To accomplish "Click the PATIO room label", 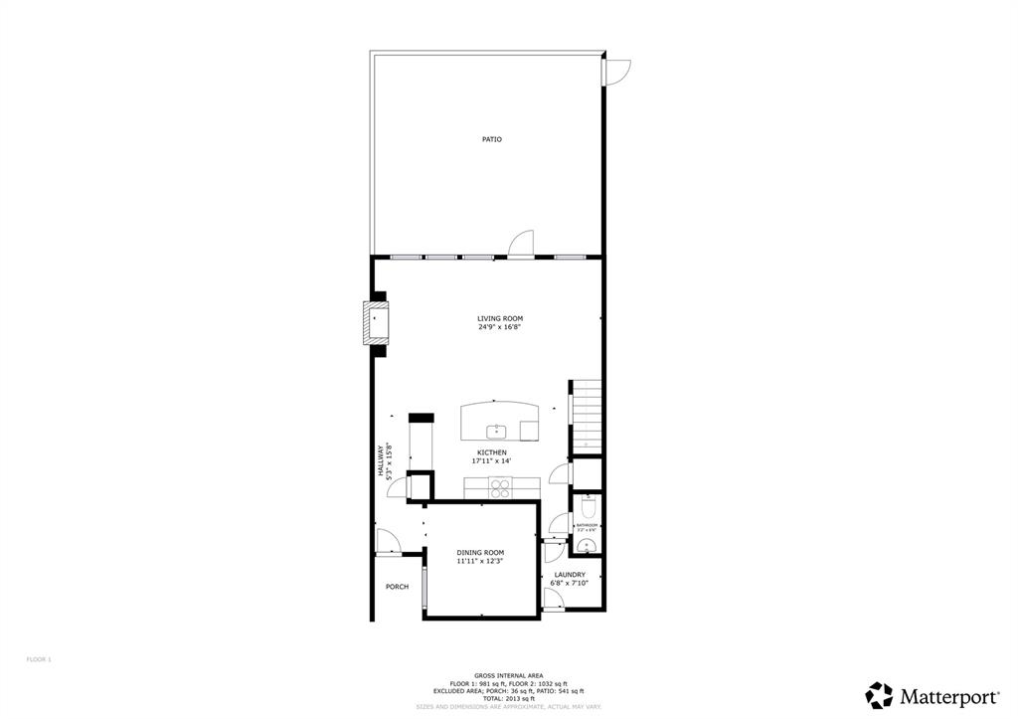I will click(x=492, y=139).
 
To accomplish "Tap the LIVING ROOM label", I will click(x=499, y=318).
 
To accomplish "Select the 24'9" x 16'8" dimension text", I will click(x=499, y=327).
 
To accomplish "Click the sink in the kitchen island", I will click(x=496, y=431).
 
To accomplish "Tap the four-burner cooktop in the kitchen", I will click(x=500, y=487).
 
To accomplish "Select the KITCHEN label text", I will click(x=491, y=452).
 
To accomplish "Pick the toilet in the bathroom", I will click(x=587, y=508).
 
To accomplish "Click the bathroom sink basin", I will click(x=587, y=546).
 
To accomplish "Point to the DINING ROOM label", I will click(x=480, y=553).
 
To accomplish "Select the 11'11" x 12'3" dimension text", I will click(x=480, y=562).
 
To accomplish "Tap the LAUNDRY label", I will click(x=570, y=575).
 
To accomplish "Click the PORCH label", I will click(x=397, y=587).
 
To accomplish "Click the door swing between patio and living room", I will click(x=521, y=244).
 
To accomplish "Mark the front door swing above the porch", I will click(x=388, y=542).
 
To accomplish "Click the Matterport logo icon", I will click(x=879, y=695).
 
